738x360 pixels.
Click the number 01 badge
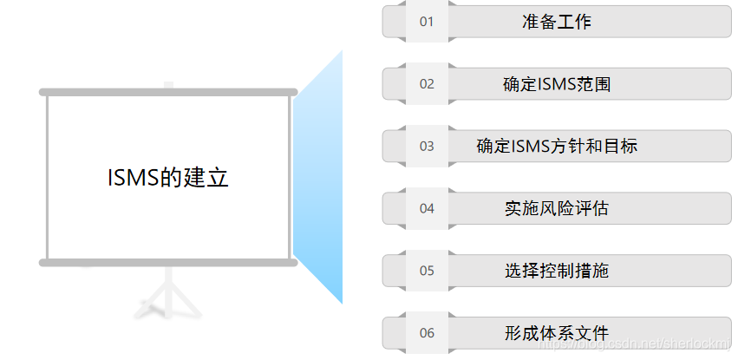(x=426, y=22)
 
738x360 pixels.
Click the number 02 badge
(x=426, y=84)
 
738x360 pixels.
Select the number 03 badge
(x=426, y=146)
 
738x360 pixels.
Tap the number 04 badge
(x=426, y=208)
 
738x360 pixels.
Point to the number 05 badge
(x=426, y=271)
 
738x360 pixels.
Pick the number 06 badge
(x=426, y=333)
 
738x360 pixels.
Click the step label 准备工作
(x=556, y=22)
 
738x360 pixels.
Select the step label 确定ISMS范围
(x=557, y=84)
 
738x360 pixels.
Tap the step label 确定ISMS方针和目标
(x=557, y=146)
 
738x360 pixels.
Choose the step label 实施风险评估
(x=557, y=208)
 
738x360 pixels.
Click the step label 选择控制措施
(x=557, y=271)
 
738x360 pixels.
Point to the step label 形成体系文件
(x=557, y=333)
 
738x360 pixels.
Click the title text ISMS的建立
(x=168, y=178)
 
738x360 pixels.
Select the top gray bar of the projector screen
(x=168, y=92)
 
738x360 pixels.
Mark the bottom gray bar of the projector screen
(x=168, y=262)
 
